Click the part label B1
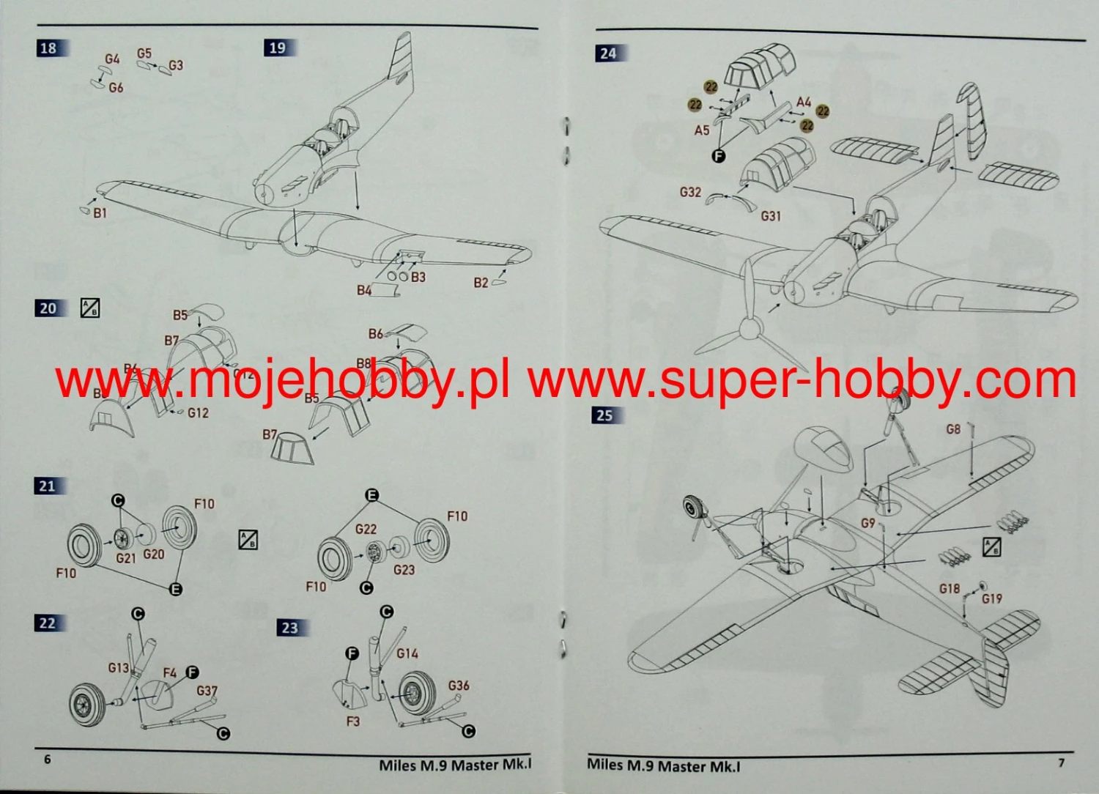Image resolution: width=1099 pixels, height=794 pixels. (100, 213)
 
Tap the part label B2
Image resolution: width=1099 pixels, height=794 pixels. (481, 283)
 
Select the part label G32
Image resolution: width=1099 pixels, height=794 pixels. (690, 192)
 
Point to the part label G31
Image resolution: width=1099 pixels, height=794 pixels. (771, 216)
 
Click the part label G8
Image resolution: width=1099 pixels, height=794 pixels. (953, 429)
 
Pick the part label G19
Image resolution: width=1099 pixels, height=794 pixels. (992, 598)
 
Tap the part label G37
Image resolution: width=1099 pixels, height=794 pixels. (207, 691)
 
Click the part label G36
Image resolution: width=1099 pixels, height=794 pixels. (459, 686)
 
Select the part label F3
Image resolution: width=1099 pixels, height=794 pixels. (353, 721)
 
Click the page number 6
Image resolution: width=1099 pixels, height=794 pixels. (48, 760)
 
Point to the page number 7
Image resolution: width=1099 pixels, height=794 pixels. (1061, 763)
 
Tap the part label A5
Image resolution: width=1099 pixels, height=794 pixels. (702, 130)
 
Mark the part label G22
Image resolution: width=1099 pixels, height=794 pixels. (366, 529)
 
